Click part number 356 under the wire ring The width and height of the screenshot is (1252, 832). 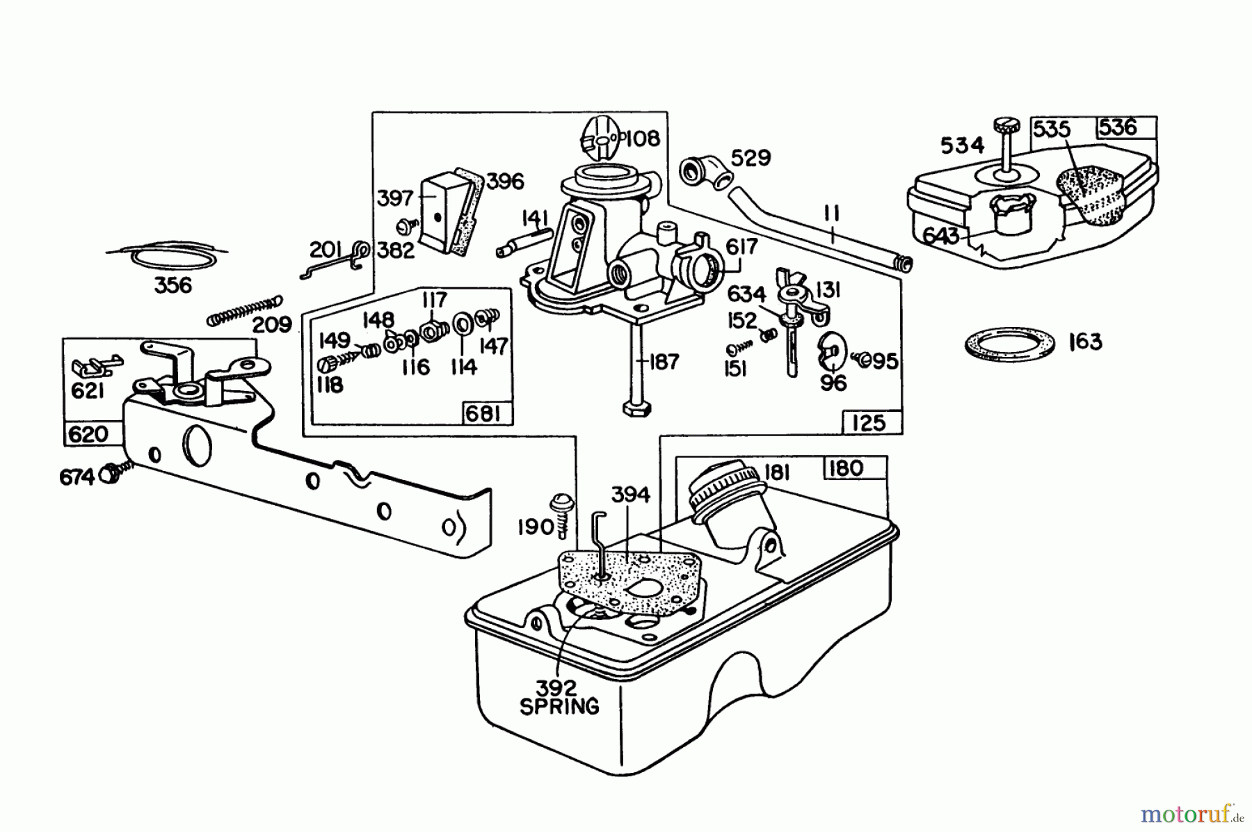pos(173,285)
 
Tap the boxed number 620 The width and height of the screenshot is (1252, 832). pos(89,435)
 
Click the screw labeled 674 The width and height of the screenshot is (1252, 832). pos(109,474)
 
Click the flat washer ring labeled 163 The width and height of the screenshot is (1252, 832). pos(1008,343)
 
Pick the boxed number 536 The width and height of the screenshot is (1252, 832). pos(1118,127)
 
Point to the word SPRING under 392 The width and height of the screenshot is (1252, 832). pos(559,707)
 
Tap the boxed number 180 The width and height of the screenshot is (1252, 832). pos(846,468)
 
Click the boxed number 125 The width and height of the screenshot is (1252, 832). pos(868,422)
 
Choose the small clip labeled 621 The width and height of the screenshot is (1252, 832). pos(94,364)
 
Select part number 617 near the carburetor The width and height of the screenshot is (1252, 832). pos(741,247)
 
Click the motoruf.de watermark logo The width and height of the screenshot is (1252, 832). pos(1185,812)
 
